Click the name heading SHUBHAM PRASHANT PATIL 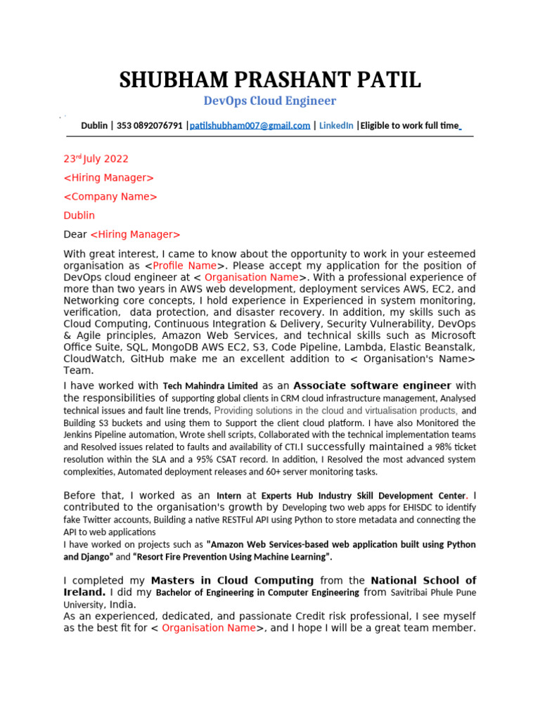(270, 80)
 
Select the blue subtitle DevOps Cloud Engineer (270, 101)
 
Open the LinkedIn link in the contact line (336, 126)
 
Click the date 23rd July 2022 (96, 159)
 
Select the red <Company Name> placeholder (110, 197)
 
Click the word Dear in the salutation (75, 234)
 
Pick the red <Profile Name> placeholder (185, 266)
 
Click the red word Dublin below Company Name (79, 215)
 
